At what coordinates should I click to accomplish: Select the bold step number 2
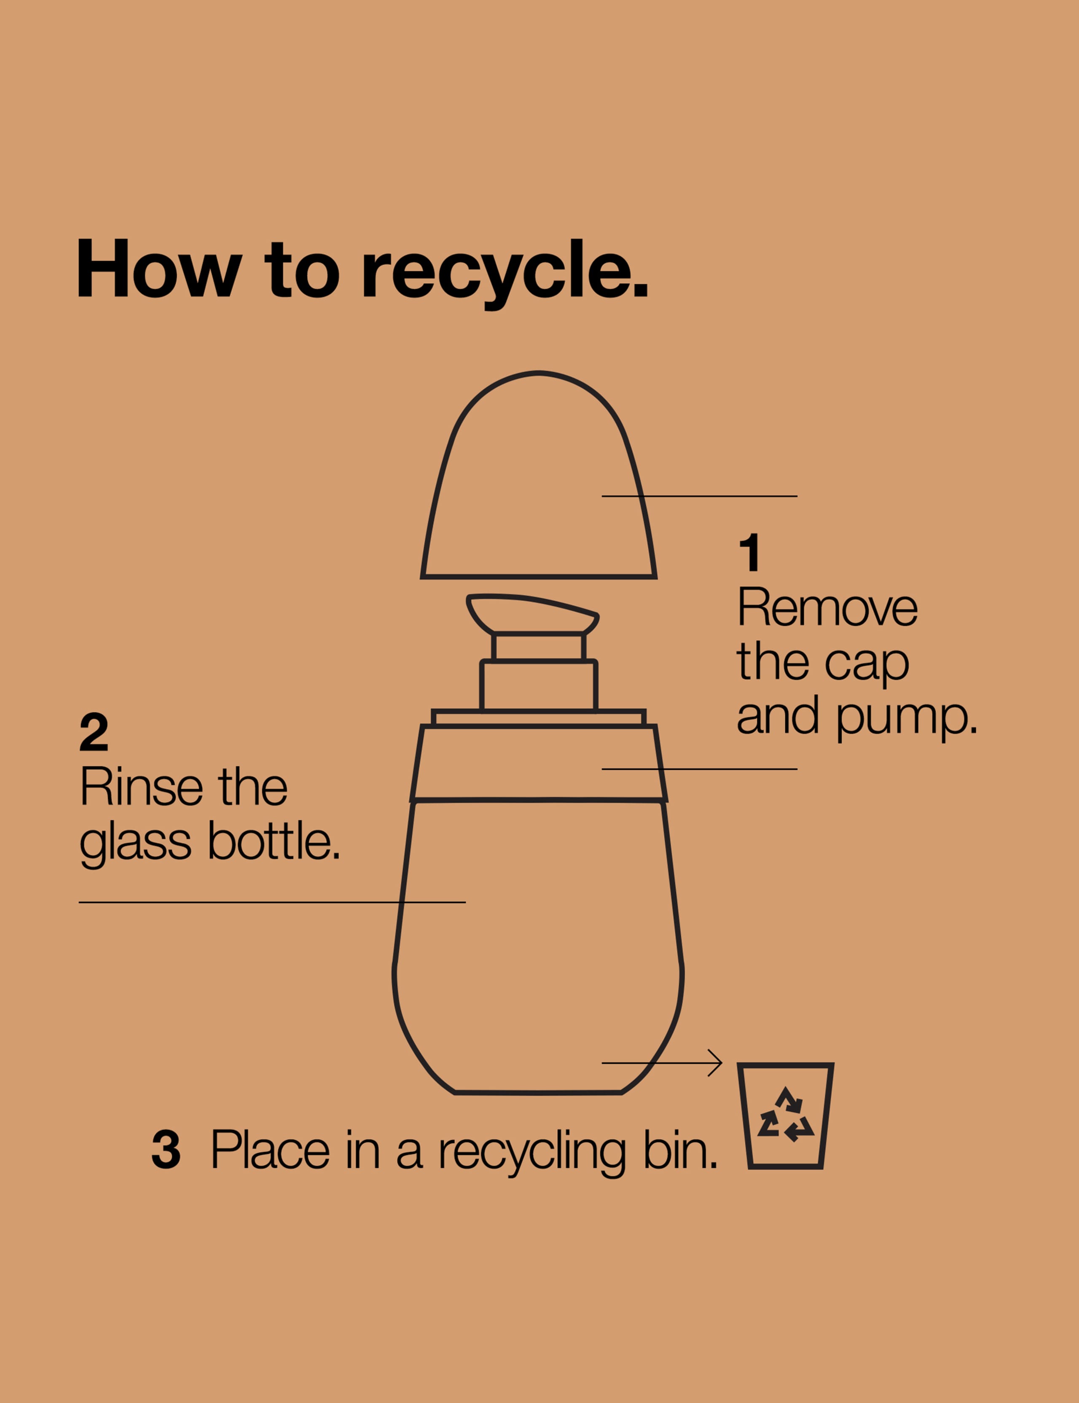[x=94, y=732]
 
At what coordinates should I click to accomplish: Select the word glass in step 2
[x=136, y=844]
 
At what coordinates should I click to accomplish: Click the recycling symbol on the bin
[x=786, y=1115]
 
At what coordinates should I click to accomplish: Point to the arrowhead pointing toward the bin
[x=716, y=1063]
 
